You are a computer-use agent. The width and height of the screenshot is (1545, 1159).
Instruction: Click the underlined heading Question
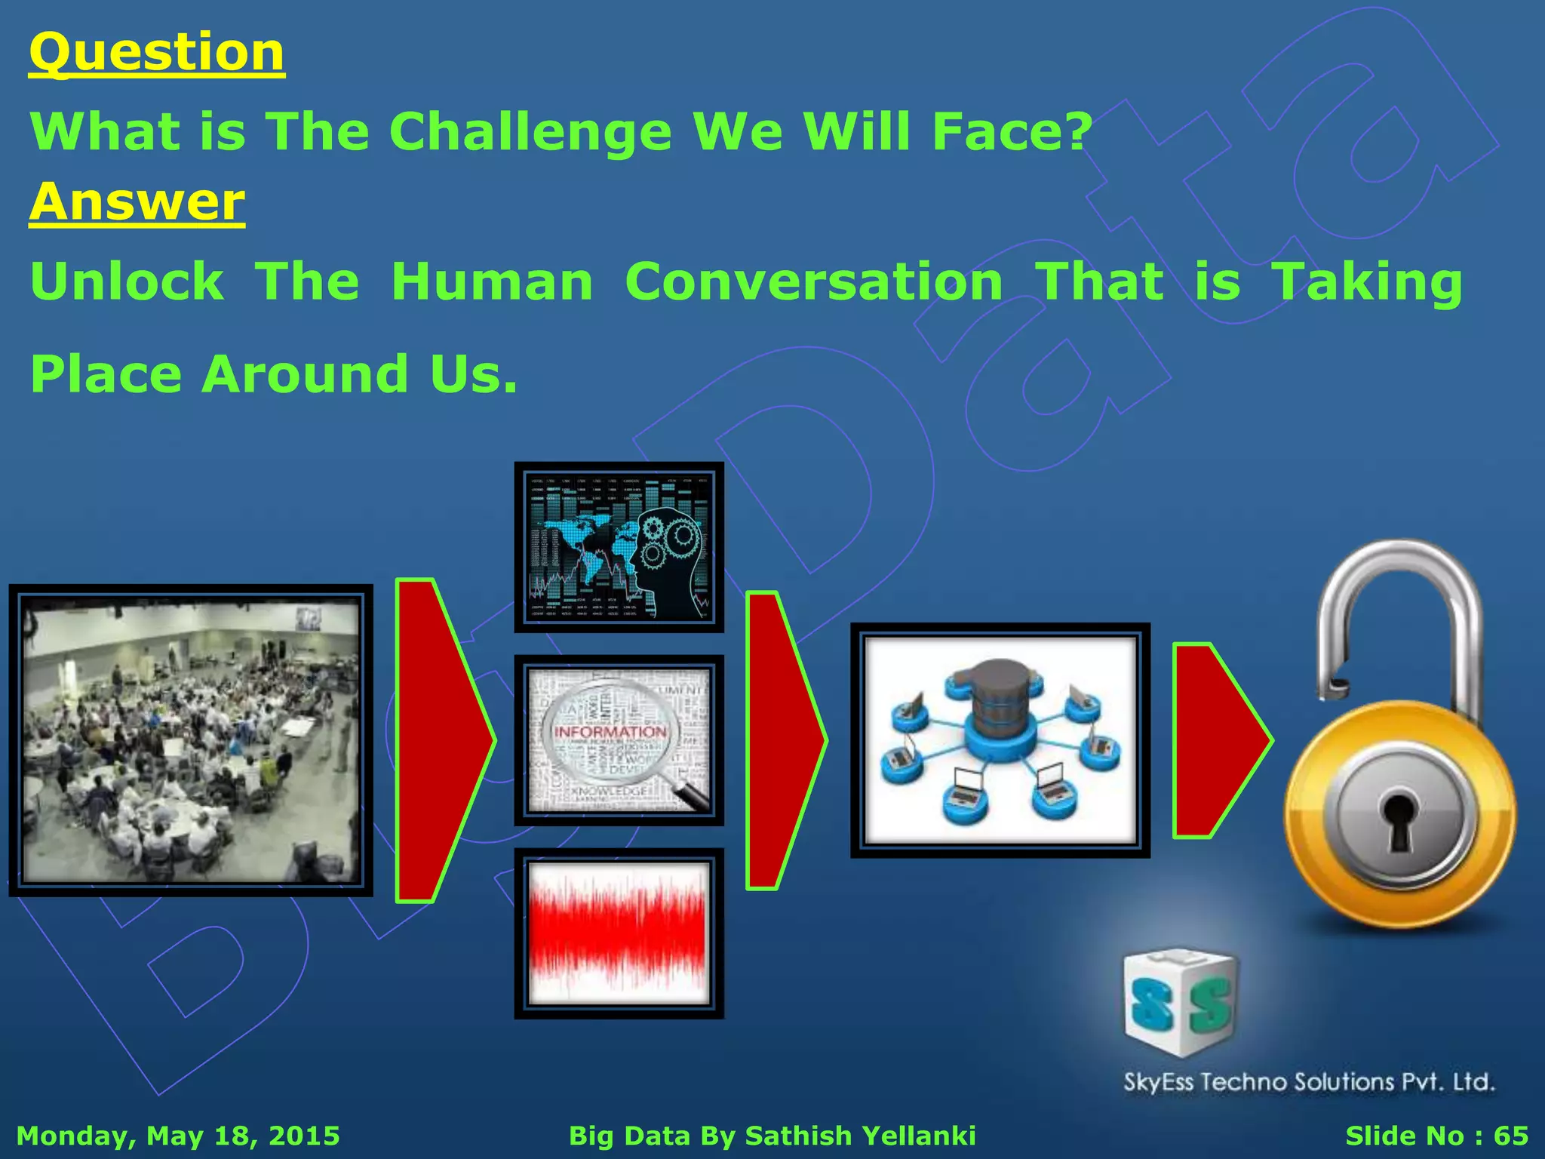coord(156,53)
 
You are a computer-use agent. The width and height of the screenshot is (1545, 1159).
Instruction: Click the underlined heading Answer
coord(137,202)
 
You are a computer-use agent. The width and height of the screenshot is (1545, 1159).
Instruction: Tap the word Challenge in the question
coord(530,131)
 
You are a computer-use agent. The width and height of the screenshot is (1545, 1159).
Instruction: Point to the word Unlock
coord(127,281)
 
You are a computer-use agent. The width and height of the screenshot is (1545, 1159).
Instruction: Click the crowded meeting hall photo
coord(190,739)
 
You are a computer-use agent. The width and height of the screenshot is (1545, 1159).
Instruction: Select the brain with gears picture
coord(619,547)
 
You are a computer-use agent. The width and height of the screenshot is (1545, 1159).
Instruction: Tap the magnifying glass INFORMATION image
coord(619,739)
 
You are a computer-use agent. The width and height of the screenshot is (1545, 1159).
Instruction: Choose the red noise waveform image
coord(619,933)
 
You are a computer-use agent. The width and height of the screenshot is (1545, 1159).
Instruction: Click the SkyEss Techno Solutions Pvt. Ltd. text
coord(1309,1082)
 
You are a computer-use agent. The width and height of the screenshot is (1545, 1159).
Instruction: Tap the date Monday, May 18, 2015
coord(178,1136)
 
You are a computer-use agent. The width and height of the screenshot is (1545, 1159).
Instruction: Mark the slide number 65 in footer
coord(1511,1136)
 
